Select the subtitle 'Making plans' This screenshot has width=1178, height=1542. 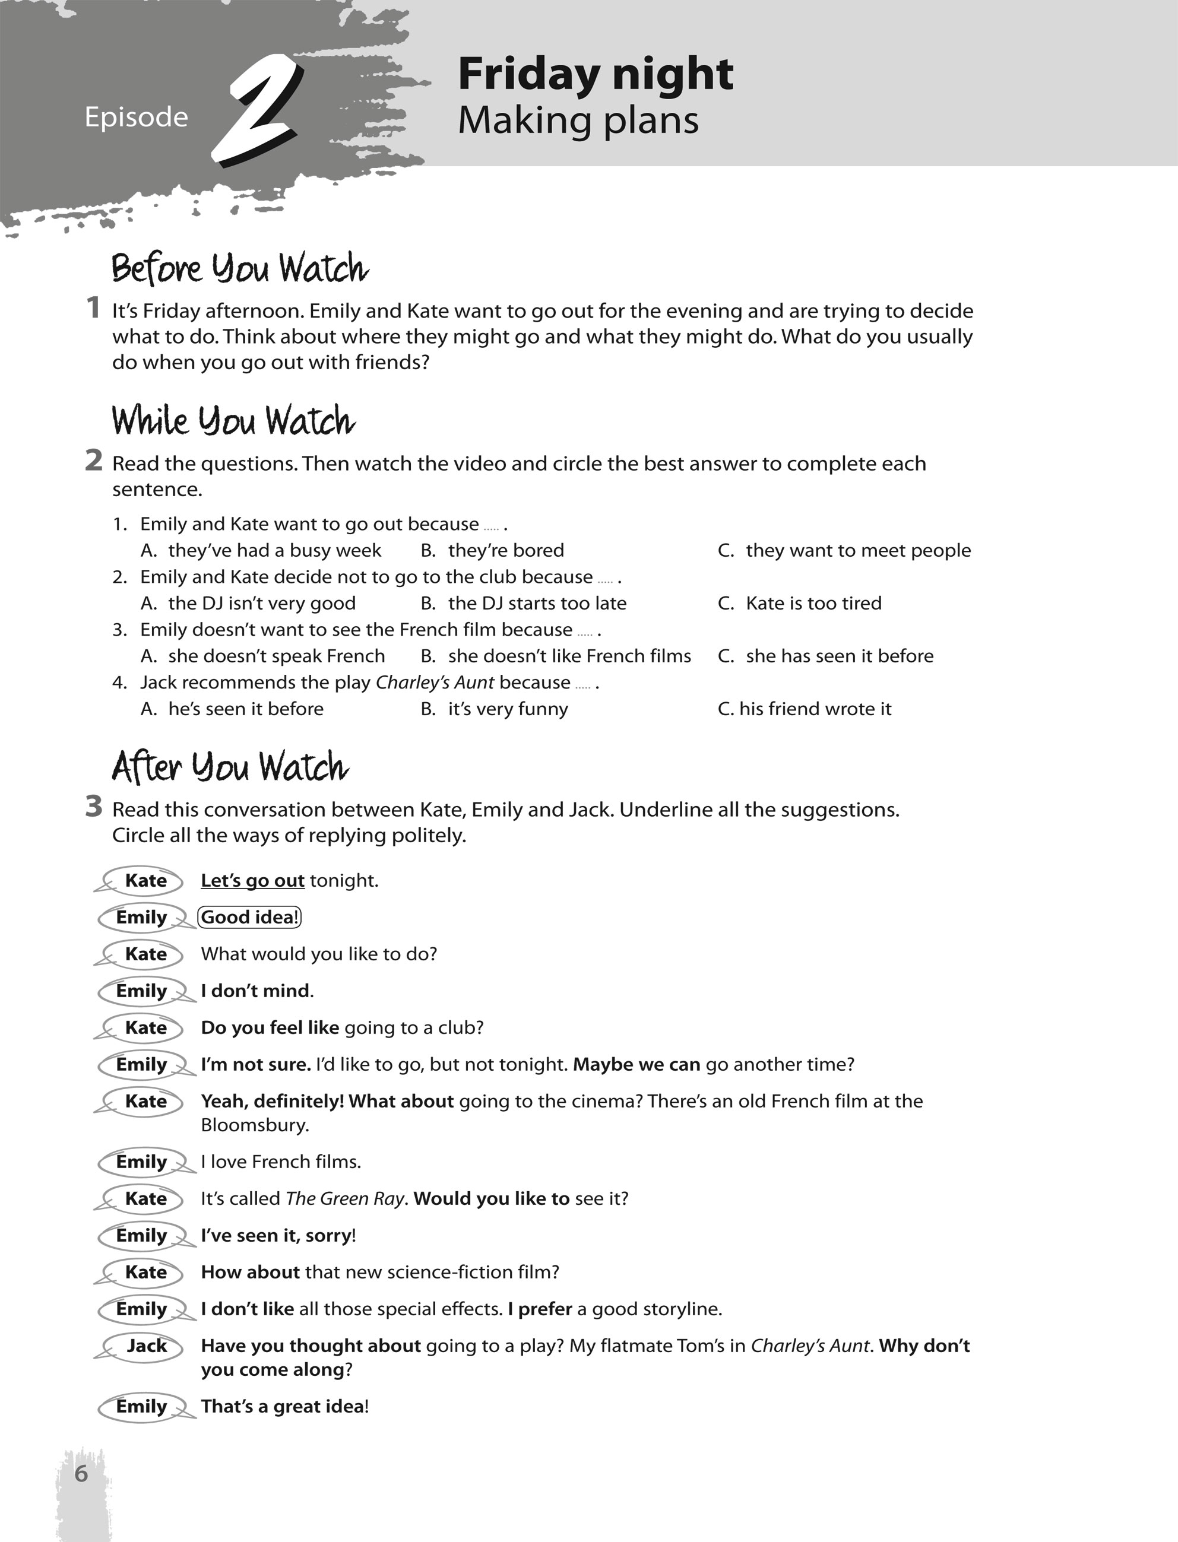point(578,120)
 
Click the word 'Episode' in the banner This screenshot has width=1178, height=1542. point(136,116)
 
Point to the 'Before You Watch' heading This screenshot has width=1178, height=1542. point(240,268)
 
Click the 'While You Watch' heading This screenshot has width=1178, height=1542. point(233,421)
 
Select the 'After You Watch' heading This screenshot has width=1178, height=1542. point(230,766)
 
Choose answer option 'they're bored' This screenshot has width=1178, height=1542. point(505,550)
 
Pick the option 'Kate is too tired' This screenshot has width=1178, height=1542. point(813,603)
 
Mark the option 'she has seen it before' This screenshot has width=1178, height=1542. point(840,656)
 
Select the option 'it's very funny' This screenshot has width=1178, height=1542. point(508,709)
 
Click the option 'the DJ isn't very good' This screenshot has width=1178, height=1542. point(261,603)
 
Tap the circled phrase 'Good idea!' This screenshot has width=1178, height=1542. point(249,917)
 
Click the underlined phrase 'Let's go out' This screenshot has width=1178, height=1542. point(252,880)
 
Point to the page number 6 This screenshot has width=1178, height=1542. point(81,1473)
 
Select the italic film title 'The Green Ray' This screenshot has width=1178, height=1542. point(345,1198)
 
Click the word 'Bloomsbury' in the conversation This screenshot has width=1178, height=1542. point(255,1125)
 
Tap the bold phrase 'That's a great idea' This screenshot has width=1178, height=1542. point(283,1406)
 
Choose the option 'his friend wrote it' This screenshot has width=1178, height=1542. point(815,709)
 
